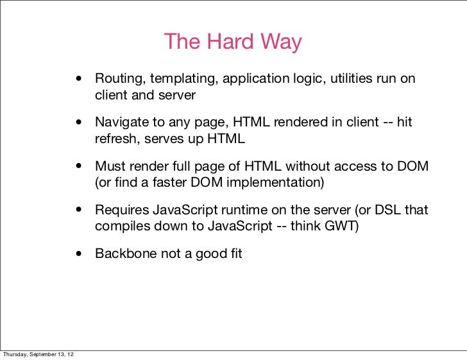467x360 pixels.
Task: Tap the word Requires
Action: [121, 210]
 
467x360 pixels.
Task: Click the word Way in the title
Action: [280, 42]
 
